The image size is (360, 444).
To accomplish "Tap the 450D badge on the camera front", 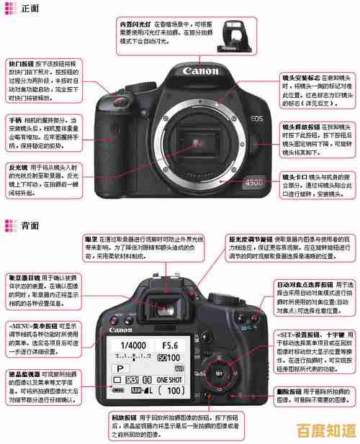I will click(x=253, y=182).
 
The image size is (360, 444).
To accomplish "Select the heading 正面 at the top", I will click(x=30, y=9).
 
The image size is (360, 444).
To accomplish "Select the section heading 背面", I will click(x=30, y=225).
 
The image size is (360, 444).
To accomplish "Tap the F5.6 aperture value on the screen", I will click(x=169, y=345).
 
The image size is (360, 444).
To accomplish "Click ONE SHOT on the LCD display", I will click(x=168, y=379).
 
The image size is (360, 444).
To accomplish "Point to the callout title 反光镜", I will click(x=17, y=167).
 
